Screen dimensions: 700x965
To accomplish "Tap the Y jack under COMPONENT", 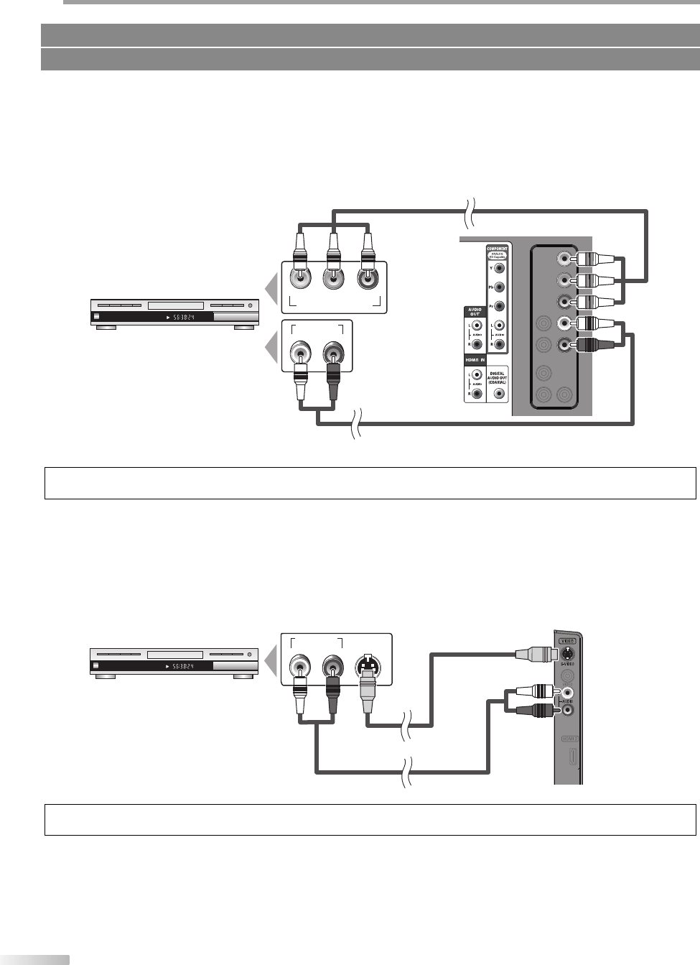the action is [500, 269].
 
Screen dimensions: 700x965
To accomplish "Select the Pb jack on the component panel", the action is [500, 287].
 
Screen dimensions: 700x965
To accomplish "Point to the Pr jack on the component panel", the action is [500, 306].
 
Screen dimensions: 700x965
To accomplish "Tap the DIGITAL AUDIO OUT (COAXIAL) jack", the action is [499, 394].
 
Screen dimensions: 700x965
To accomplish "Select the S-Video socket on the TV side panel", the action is [568, 654].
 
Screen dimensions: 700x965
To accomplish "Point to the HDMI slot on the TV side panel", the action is [571, 757].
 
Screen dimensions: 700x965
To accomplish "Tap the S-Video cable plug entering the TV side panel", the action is [536, 654].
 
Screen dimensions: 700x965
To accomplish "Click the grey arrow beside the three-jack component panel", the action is [271, 290].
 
